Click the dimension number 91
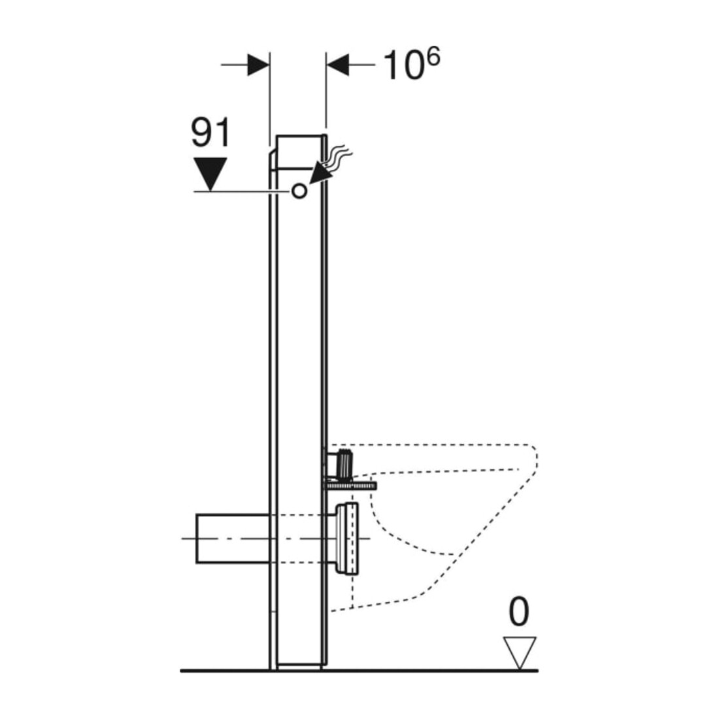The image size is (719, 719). [x=210, y=133]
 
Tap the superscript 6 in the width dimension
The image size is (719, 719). [x=433, y=58]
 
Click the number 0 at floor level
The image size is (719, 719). [x=519, y=612]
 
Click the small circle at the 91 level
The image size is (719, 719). [x=299, y=191]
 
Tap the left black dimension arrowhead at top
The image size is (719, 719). [x=258, y=65]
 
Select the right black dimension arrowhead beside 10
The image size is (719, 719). [x=337, y=65]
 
